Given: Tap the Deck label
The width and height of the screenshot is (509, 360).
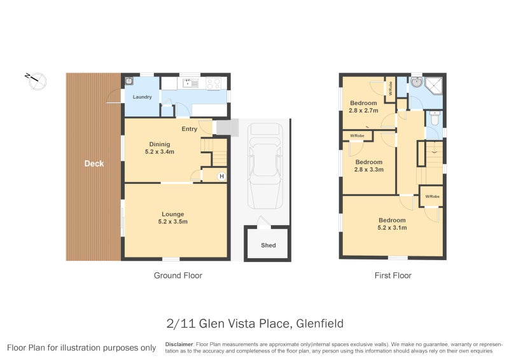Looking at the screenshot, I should point(94,163).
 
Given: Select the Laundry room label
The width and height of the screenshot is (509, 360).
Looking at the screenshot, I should point(141,97).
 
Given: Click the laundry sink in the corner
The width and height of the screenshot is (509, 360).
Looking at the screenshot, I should point(129,81).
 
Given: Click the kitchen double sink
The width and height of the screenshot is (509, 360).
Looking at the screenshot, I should point(190,82).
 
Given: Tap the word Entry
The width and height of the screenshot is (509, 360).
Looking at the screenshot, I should point(189,129).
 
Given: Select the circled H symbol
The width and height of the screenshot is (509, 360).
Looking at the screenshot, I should point(221,176).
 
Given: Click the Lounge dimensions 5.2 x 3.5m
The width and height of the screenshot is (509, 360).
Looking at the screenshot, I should point(172,222).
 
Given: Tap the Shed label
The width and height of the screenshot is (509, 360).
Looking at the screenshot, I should point(268,245).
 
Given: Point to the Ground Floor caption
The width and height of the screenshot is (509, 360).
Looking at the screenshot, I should point(178,275).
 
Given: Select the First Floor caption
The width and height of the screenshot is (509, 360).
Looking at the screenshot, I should point(393,275).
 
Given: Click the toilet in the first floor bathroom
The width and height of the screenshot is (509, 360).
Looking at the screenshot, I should point(435,118).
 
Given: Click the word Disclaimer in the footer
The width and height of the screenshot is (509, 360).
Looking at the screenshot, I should point(179,343).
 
